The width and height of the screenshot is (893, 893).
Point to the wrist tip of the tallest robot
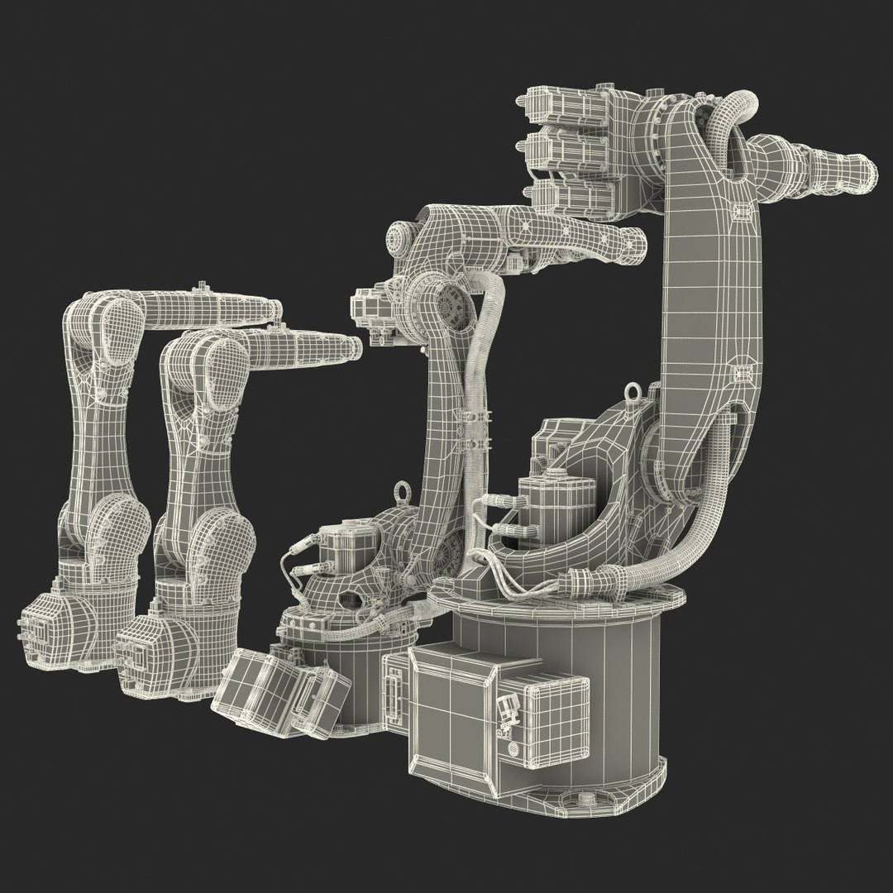click(865, 170)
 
